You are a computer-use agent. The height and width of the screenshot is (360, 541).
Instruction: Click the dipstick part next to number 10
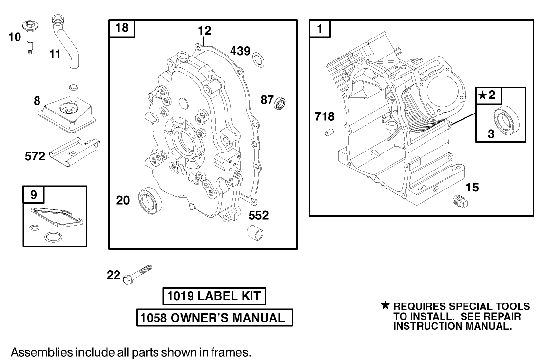[x=29, y=37]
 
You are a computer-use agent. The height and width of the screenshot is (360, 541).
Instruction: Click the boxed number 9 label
[x=34, y=195]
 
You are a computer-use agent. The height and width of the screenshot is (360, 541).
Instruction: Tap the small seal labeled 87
[x=281, y=103]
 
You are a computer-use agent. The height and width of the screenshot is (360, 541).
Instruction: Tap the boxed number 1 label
[x=320, y=29]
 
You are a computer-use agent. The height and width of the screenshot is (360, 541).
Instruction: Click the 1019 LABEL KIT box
[x=214, y=296]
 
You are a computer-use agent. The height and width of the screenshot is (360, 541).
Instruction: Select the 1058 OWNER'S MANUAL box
[x=214, y=318]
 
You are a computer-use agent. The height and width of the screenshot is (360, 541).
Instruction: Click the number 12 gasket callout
[x=204, y=31]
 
